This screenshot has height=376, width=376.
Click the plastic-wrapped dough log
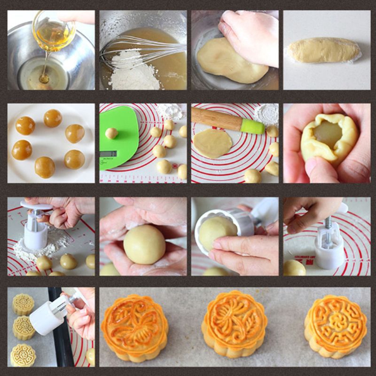[x=323, y=51]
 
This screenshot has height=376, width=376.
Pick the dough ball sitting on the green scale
[x=111, y=133]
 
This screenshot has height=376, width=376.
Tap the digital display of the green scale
[x=108, y=154]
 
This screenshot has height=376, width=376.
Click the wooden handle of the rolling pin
[x=216, y=119]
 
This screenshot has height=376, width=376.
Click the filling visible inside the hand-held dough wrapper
[x=328, y=134]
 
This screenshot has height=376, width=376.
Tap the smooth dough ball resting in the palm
[x=144, y=243]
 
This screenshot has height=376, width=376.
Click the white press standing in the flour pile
[x=36, y=233]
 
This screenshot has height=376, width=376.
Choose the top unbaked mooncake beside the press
[x=23, y=304]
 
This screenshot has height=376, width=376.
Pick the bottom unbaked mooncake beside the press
[x=23, y=355]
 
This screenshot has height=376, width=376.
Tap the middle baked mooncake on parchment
[x=234, y=324]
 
